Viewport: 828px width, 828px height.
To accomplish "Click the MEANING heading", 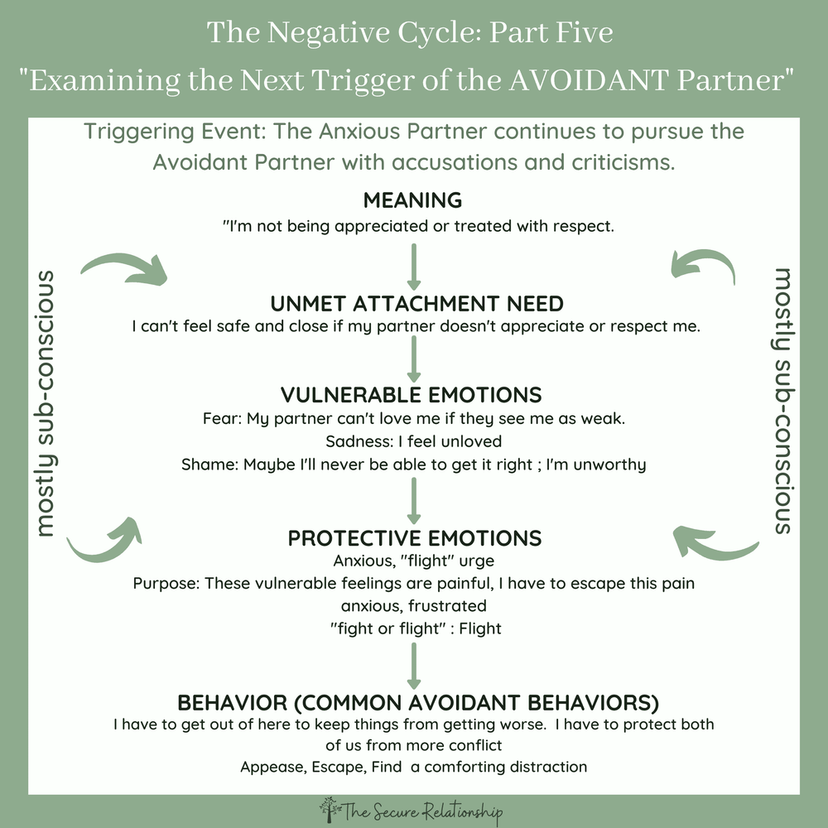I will (413, 200).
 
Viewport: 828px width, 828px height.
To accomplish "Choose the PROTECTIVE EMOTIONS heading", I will (413, 537).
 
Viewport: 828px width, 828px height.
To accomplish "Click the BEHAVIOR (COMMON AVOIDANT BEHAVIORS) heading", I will (418, 703).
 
